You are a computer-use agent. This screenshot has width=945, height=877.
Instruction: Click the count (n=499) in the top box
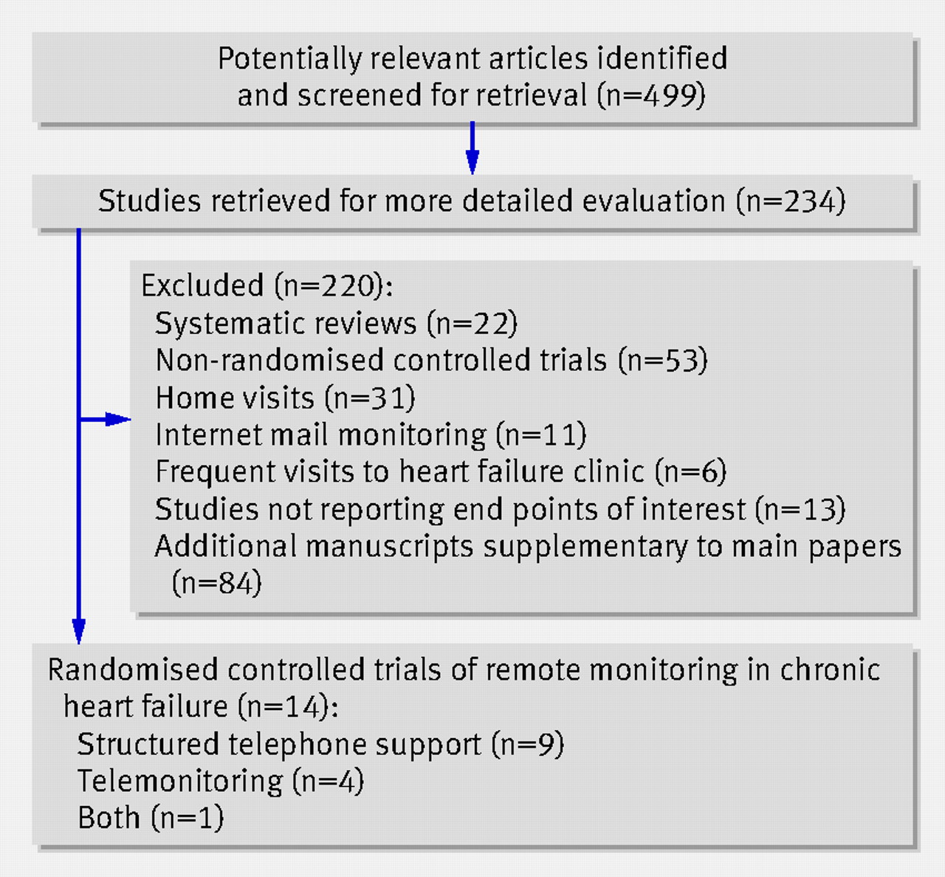pyautogui.click(x=651, y=95)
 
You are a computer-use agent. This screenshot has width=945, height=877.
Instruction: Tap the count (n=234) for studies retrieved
pyautogui.click(x=791, y=200)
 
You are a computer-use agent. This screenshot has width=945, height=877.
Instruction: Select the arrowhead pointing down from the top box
pyautogui.click(x=472, y=162)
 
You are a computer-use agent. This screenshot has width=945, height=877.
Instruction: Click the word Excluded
pyautogui.click(x=202, y=285)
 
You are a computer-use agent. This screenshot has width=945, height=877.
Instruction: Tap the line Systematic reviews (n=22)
pyautogui.click(x=336, y=323)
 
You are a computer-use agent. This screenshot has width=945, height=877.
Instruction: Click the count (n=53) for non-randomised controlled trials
pyautogui.click(x=663, y=360)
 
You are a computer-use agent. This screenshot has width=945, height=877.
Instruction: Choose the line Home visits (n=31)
pyautogui.click(x=285, y=397)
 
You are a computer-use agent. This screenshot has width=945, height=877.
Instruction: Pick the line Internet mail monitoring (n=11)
pyautogui.click(x=371, y=434)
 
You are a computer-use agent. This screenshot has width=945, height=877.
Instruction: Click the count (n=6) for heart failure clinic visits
pyautogui.click(x=690, y=471)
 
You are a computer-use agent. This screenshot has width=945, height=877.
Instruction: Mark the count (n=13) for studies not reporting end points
pyautogui.click(x=800, y=509)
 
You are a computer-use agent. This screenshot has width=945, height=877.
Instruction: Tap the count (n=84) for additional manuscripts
pyautogui.click(x=216, y=582)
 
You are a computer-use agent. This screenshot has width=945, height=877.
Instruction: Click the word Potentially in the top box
pyautogui.click(x=290, y=59)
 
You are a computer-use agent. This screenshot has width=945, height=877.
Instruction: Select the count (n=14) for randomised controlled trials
pyautogui.click(x=288, y=706)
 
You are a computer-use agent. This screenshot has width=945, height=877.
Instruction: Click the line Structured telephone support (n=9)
pyautogui.click(x=320, y=743)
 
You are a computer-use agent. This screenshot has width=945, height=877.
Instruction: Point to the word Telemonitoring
pyautogui.click(x=180, y=781)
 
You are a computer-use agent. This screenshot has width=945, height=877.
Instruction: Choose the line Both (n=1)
pyautogui.click(x=151, y=818)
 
